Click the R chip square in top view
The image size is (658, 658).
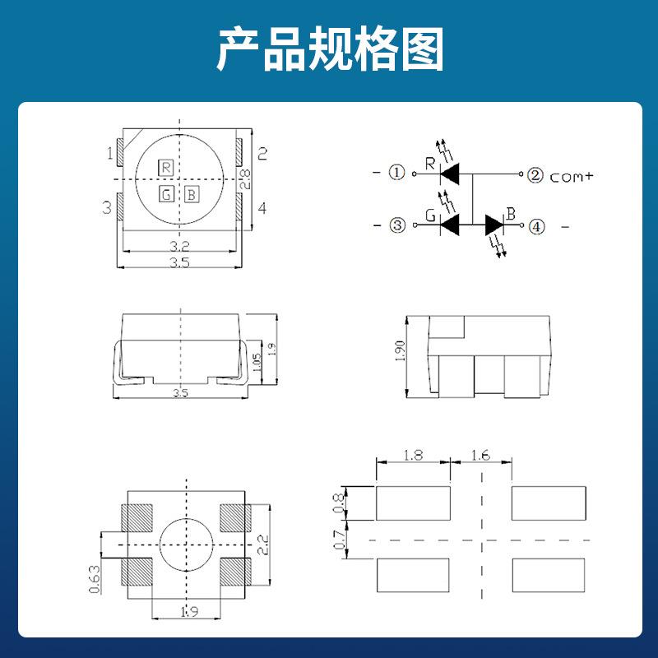[166, 168]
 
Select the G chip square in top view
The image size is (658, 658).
[166, 195]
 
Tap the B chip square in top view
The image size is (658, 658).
[191, 195]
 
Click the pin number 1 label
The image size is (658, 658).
[109, 153]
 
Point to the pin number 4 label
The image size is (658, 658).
[262, 208]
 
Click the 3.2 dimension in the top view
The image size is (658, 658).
[181, 246]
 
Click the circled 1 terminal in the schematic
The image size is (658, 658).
[397, 174]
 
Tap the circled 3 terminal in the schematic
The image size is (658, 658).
[397, 225]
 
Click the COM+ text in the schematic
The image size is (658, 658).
[572, 177]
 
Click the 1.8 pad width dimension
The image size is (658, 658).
[413, 455]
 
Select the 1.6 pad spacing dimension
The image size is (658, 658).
[481, 455]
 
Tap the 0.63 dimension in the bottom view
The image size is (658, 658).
[94, 578]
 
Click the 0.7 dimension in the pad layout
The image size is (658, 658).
[339, 540]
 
